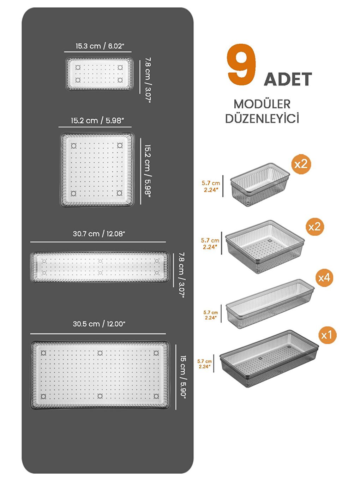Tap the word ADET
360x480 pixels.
[x=288, y=79]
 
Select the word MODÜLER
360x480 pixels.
[x=262, y=104]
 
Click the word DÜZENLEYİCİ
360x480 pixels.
[x=262, y=119]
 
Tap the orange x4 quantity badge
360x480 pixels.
[x=324, y=278]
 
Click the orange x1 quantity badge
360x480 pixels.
[x=327, y=335]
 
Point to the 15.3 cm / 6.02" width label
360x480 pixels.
[x=100, y=46]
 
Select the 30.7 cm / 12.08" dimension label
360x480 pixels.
[x=99, y=234]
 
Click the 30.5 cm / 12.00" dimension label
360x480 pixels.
[x=99, y=324]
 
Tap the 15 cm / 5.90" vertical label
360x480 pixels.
[x=183, y=376]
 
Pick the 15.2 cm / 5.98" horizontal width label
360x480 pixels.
[x=97, y=121]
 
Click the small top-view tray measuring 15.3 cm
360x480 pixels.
[x=99, y=74]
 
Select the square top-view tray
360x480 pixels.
[x=97, y=169]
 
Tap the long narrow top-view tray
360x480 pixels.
[x=100, y=267]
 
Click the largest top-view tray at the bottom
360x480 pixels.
[x=100, y=375]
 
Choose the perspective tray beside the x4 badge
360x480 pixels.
[x=269, y=304]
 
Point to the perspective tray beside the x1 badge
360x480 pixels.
[x=268, y=358]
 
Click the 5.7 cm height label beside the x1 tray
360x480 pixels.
[x=204, y=364]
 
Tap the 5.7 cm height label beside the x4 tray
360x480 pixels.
[x=210, y=315]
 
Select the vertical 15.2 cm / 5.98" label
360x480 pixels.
[x=147, y=171]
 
